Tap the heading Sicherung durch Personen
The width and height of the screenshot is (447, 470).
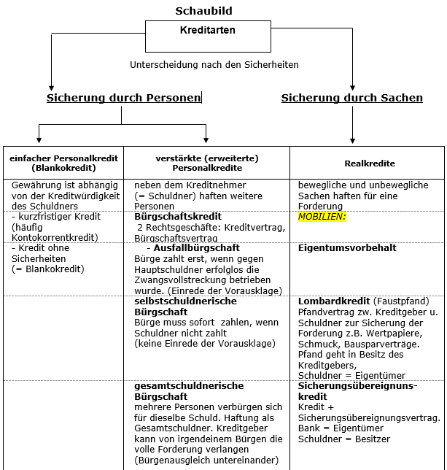click(123, 98)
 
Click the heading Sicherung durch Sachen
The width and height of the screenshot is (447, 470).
click(351, 98)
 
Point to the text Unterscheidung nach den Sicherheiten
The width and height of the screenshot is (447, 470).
click(214, 65)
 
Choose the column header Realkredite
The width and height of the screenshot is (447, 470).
click(367, 163)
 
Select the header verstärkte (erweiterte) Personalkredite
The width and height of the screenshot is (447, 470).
click(207, 163)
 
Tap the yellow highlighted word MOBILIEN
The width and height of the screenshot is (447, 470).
click(322, 217)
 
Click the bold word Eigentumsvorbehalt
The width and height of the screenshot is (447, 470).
click(347, 248)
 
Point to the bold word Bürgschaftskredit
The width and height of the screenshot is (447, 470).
click(178, 217)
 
